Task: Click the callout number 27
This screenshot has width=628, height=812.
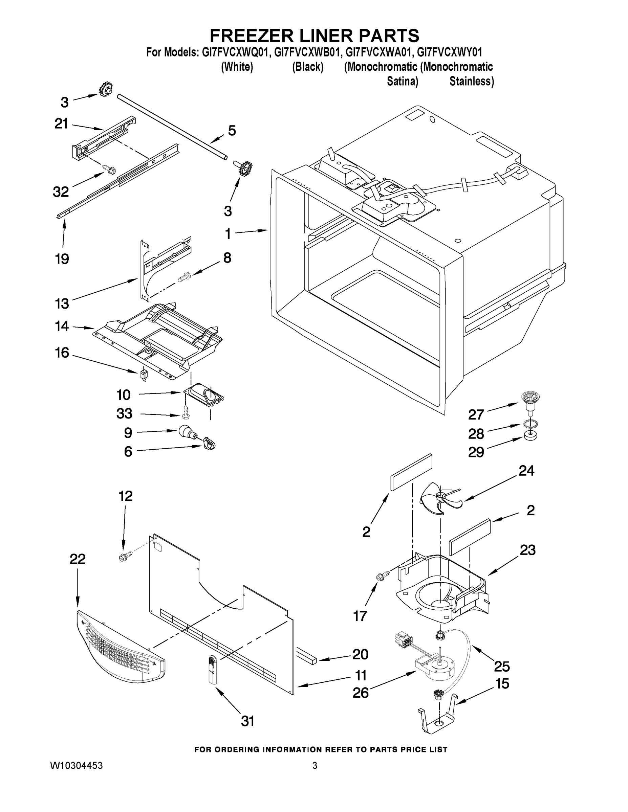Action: (476, 414)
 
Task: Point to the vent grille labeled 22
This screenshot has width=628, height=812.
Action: (121, 647)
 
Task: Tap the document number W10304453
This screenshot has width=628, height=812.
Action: (76, 766)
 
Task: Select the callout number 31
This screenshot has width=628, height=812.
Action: (247, 721)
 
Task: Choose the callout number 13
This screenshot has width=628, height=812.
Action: (62, 303)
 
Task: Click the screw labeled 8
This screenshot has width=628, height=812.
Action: (184, 277)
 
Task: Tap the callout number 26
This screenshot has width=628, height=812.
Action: (361, 692)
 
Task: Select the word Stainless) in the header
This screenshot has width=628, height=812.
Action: (471, 81)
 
